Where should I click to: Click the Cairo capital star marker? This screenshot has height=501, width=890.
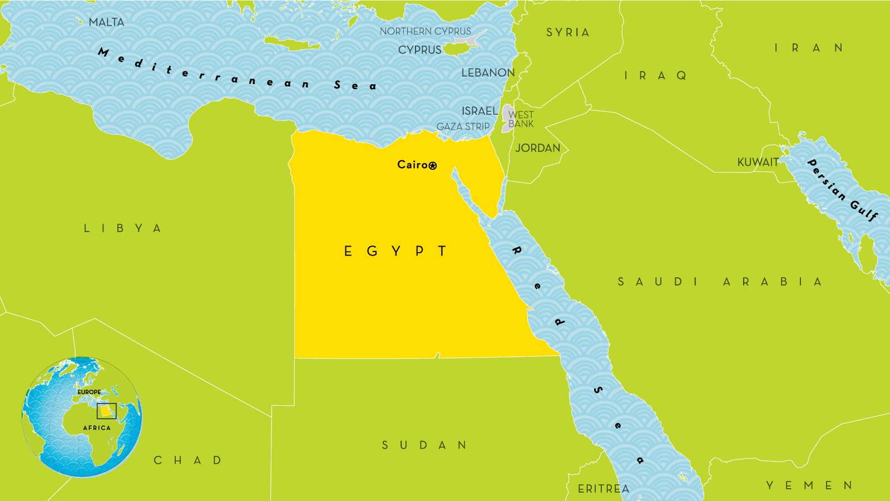tap(433, 165)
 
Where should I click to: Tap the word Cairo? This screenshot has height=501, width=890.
tap(412, 164)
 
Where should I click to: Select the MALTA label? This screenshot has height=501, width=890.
tap(106, 22)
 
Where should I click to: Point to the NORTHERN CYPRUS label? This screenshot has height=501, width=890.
tap(425, 31)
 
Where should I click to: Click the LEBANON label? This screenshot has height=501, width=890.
tap(488, 73)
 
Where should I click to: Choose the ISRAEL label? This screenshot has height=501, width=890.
tap(479, 111)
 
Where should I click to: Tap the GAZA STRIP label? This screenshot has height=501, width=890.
tap(463, 127)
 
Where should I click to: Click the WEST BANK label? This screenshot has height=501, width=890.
tap(521, 119)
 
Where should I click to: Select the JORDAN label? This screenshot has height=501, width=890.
tap(537, 148)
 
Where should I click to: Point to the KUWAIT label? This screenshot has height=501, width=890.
tap(758, 163)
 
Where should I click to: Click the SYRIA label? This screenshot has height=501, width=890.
tap(567, 33)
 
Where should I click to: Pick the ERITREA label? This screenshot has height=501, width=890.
tap(604, 489)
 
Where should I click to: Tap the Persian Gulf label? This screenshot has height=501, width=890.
tap(842, 190)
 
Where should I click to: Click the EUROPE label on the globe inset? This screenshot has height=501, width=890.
tap(89, 392)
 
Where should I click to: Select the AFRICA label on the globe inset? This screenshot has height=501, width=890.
tap(97, 428)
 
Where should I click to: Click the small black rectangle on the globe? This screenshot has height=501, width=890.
tap(106, 411)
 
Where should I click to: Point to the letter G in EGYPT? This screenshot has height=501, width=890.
tap(372, 252)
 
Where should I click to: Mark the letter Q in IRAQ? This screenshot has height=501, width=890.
tap(681, 76)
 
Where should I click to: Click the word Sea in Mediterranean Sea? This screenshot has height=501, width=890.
tap(355, 86)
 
